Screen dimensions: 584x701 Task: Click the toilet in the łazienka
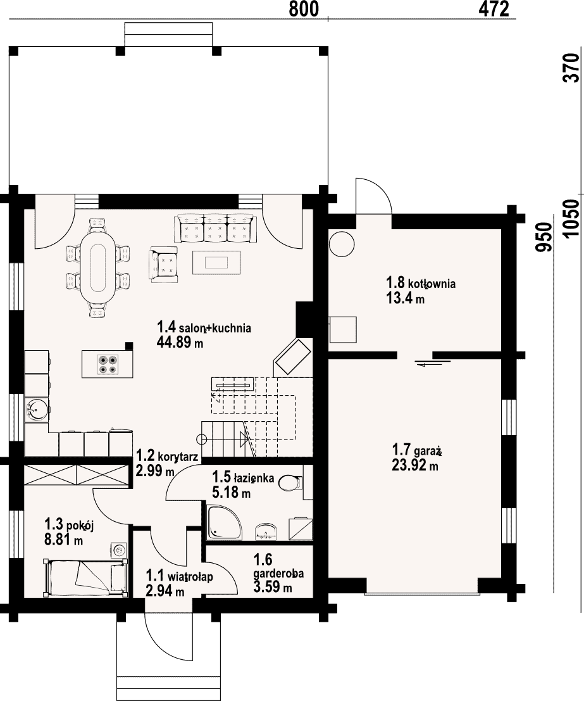[291, 483]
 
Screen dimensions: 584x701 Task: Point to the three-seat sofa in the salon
[216, 228]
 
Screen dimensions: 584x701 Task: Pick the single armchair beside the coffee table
[163, 265]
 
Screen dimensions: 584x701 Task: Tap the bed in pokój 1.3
[85, 577]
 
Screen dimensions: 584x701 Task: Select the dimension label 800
[304, 9]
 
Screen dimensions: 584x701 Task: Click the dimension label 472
[494, 9]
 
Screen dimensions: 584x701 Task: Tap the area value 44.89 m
[180, 343]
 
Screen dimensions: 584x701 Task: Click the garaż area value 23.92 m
[415, 465]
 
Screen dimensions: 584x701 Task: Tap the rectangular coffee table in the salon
[216, 262]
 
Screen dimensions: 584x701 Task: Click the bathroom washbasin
[266, 532]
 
